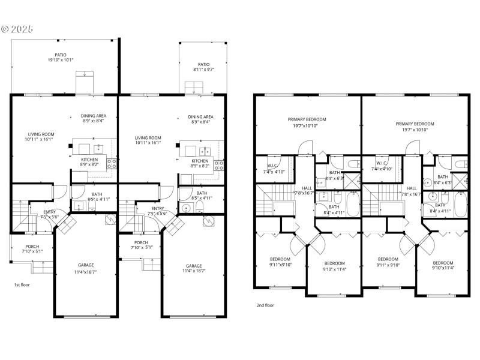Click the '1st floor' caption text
(22, 284)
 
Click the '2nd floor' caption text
(265, 305)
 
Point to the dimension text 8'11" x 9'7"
(204, 70)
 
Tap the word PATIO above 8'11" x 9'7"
(204, 64)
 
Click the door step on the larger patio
(85, 82)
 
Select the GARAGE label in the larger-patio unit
(85, 265)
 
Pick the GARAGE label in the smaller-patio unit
(194, 265)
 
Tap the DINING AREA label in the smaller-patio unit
(200, 117)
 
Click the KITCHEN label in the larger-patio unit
(89, 159)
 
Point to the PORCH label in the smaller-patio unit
(142, 242)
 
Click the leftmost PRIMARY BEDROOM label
(305, 119)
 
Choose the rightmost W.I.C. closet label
(382, 163)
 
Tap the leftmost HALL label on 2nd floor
(307, 188)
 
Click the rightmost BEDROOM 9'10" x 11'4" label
(443, 263)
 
